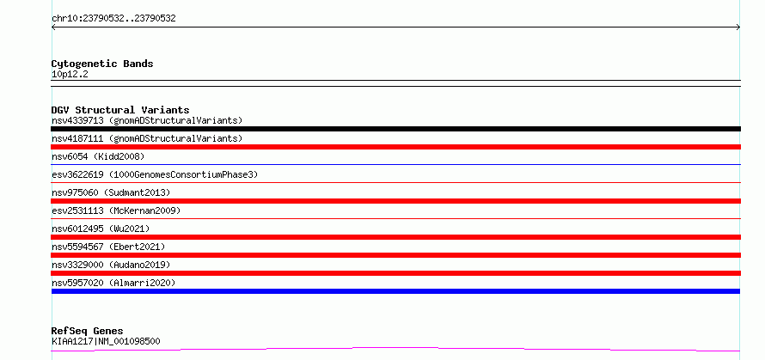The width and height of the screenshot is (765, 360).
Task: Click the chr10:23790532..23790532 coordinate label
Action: (x=113, y=19)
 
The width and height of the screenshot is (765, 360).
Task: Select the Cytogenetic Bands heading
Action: (x=102, y=64)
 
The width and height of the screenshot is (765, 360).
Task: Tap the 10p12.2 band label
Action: (x=70, y=75)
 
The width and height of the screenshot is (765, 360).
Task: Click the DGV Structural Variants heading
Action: (x=120, y=110)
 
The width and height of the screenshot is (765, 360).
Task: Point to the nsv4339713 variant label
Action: (x=147, y=120)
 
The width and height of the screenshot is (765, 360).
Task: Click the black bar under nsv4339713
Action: (x=395, y=129)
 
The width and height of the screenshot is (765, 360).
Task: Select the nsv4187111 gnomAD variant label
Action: (x=147, y=138)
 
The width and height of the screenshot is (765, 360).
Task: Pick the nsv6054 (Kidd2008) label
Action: (x=98, y=156)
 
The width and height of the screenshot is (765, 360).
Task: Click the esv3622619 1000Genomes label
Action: (x=155, y=174)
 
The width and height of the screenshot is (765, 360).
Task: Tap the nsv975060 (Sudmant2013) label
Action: (x=111, y=192)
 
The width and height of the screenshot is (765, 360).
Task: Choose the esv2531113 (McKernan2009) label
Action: (x=116, y=211)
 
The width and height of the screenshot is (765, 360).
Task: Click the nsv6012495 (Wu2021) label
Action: (x=101, y=229)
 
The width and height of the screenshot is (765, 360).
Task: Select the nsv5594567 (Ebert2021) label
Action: (x=108, y=247)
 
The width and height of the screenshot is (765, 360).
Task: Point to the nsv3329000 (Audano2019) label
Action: (x=111, y=265)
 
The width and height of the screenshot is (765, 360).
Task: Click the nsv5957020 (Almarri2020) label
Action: (x=113, y=283)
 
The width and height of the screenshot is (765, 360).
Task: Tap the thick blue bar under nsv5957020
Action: (x=395, y=291)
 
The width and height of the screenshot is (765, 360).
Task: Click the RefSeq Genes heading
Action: (x=88, y=332)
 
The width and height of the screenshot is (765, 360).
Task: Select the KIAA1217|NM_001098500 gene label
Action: (x=106, y=341)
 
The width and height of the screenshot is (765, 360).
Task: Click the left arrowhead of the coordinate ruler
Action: (x=52, y=27)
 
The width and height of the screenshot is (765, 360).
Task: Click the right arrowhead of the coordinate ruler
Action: (x=739, y=27)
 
